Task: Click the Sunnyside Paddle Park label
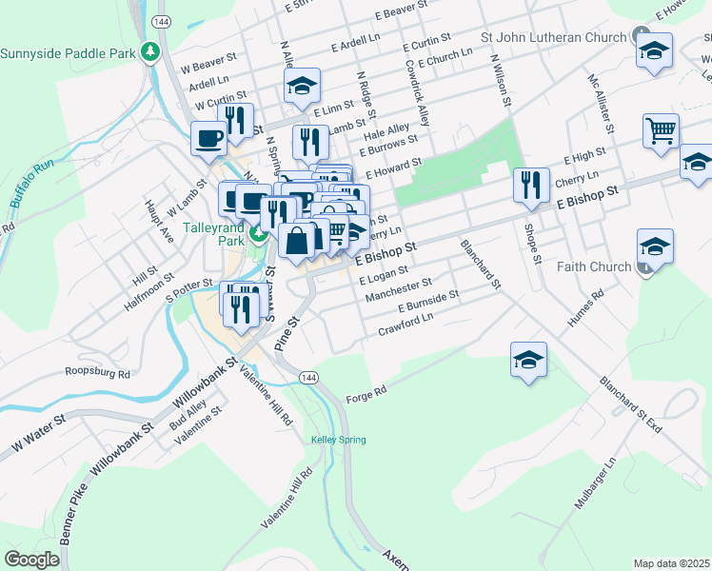pyautogui.click(x=69, y=52)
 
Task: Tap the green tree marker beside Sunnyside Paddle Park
pyautogui.click(x=149, y=51)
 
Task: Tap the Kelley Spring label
pyautogui.click(x=338, y=440)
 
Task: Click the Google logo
pyautogui.click(x=32, y=559)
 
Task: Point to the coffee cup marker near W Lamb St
pyautogui.click(x=208, y=139)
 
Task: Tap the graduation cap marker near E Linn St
pyautogui.click(x=302, y=89)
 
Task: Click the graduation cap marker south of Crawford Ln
pyautogui.click(x=528, y=360)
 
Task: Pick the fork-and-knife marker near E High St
pyautogui.click(x=530, y=185)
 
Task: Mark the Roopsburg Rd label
pyautogui.click(x=97, y=372)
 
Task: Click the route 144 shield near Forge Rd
pyautogui.click(x=307, y=378)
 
